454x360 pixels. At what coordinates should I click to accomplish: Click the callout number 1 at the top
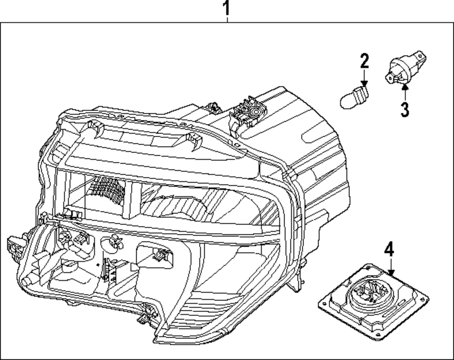coord(227,8)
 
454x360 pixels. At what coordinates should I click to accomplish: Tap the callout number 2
coord(365,61)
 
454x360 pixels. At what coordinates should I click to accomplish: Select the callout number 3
coord(405,109)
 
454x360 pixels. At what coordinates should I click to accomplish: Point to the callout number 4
coord(390,250)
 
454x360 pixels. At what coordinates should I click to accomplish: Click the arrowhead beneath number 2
coord(364,83)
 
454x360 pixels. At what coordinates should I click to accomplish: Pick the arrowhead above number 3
coord(405,85)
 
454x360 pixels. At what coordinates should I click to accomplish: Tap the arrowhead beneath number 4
coord(391,272)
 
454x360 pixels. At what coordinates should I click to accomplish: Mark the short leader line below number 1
coord(227,20)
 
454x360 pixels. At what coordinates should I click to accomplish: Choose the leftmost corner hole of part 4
coord(324,303)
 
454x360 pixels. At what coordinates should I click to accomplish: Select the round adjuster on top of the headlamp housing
coord(255,111)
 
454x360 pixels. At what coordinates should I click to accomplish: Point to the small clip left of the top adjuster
coord(213,107)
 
